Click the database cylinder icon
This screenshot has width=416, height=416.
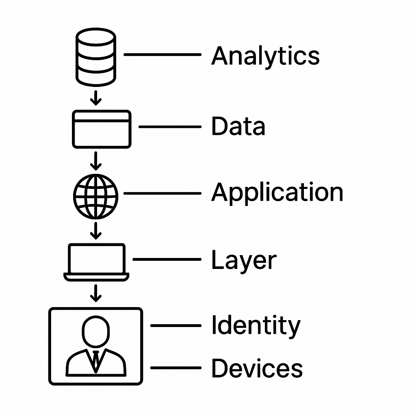click(x=96, y=59)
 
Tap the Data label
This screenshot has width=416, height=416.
click(x=238, y=126)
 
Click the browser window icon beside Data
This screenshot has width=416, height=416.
click(x=102, y=129)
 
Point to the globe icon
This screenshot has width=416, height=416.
click(x=96, y=196)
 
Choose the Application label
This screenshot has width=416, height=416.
click(x=277, y=192)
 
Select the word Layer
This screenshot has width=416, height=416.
click(x=244, y=260)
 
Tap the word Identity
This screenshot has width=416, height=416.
click(x=256, y=326)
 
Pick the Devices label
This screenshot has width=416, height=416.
click(x=257, y=368)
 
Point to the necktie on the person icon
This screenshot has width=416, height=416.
click(x=96, y=359)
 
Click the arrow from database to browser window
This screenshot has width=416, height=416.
click(x=96, y=98)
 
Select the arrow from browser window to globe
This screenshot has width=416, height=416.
click(x=96, y=161)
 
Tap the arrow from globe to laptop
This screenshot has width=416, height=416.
click(x=96, y=230)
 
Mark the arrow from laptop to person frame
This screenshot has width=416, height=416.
click(x=96, y=293)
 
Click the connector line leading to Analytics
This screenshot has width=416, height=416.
click(x=162, y=54)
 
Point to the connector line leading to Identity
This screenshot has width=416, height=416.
click(x=175, y=325)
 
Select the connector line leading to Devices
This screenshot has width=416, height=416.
click(x=175, y=368)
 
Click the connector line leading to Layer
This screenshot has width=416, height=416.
click(x=167, y=259)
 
